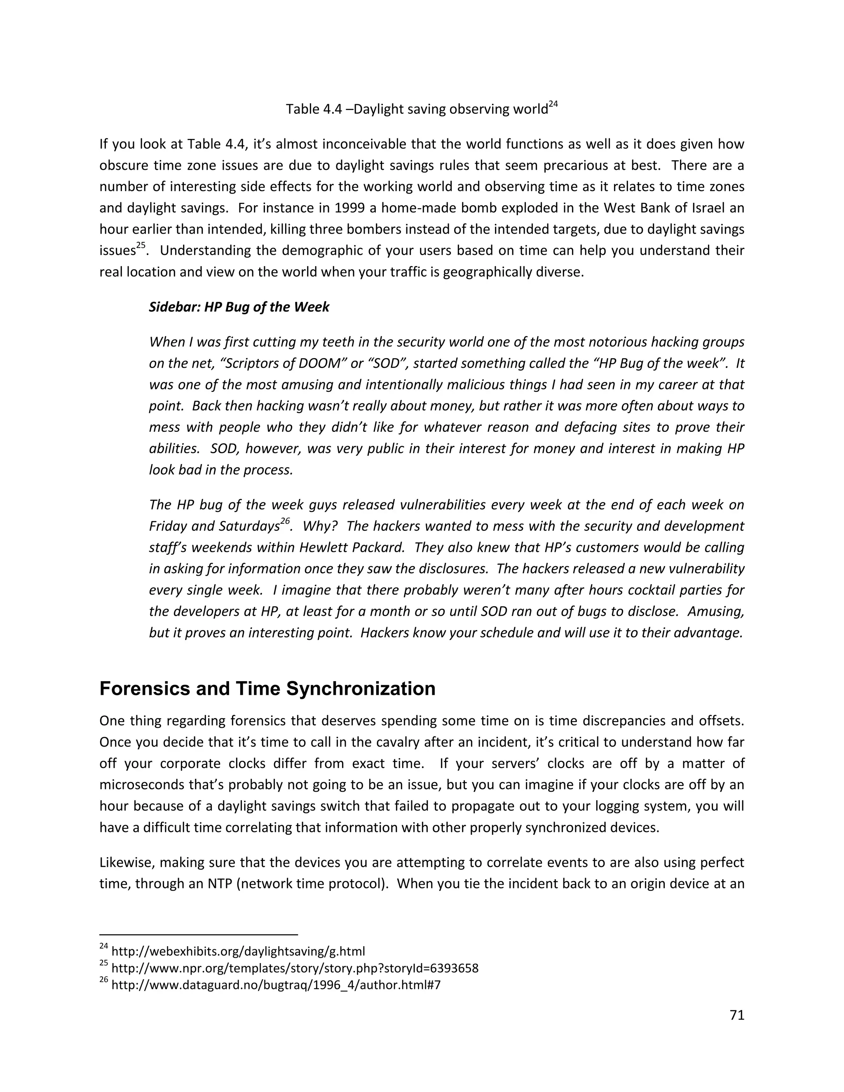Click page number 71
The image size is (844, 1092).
coord(737,1015)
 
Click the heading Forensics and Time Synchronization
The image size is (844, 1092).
coord(267,689)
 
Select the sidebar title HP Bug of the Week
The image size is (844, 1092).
coord(239,307)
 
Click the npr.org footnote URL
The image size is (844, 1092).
coord(295,968)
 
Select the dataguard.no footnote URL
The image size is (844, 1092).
coord(276,985)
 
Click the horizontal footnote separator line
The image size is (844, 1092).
coord(199,934)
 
